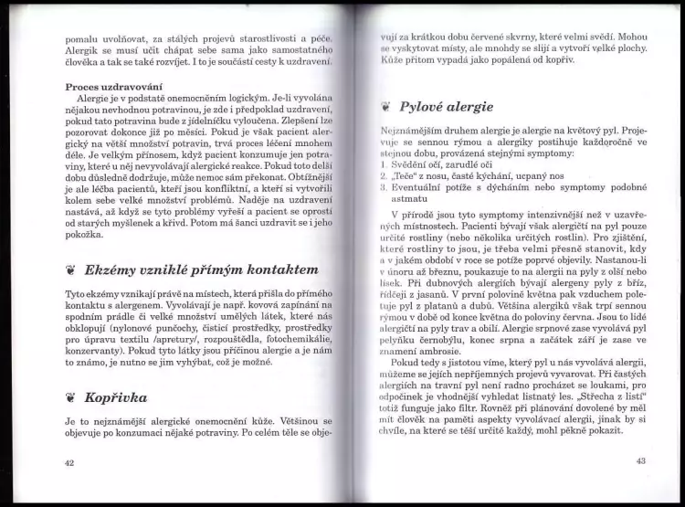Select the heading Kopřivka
click(x=116, y=397)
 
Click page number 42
click(x=69, y=462)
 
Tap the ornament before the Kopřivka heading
click(x=70, y=398)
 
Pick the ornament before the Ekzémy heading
click(x=70, y=270)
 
